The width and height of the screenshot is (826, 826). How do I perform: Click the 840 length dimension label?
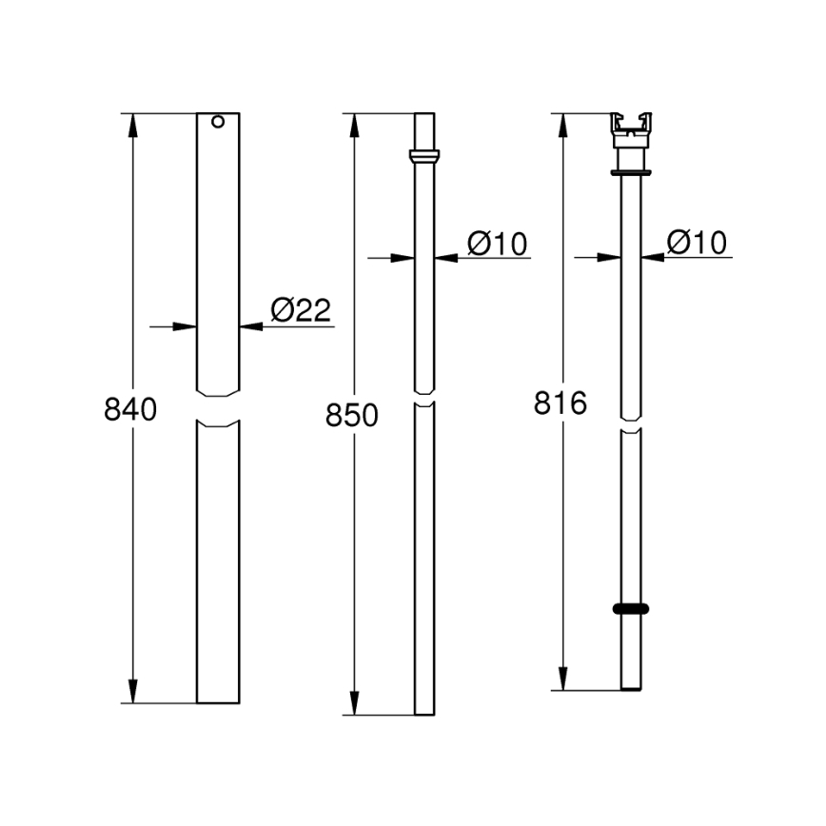click(129, 410)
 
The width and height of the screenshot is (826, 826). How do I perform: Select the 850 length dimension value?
click(352, 416)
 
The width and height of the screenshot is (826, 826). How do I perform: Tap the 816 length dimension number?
click(560, 403)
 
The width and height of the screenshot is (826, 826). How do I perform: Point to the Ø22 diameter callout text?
click(300, 310)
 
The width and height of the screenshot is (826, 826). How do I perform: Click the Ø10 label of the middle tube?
click(497, 244)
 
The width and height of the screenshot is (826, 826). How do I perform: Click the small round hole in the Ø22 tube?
click(218, 122)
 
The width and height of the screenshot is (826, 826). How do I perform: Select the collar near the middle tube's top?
click(424, 155)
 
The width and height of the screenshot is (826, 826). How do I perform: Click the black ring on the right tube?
click(631, 608)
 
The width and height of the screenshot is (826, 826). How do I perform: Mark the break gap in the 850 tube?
click(424, 398)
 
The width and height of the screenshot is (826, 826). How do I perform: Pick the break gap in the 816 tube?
click(631, 424)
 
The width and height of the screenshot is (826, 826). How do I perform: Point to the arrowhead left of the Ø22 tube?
click(187, 326)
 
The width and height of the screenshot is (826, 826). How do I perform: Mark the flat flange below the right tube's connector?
click(631, 173)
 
